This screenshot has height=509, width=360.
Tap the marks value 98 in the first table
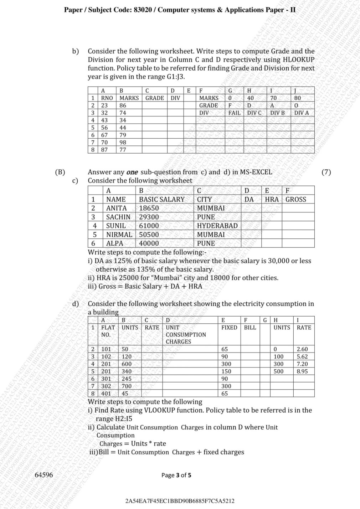[123, 142]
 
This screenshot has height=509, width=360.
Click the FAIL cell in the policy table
[234, 113]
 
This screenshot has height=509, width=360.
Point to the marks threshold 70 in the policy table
[273, 98]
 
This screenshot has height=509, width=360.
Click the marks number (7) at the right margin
[326, 172]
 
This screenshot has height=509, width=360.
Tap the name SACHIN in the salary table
[118, 217]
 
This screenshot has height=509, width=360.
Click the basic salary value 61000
[149, 226]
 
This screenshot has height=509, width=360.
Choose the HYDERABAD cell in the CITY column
[217, 226]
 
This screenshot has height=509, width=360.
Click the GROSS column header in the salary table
[295, 200]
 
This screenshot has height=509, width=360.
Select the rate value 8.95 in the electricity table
[302, 371]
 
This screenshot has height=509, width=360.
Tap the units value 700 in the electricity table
[127, 386]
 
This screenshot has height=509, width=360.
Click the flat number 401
[106, 394]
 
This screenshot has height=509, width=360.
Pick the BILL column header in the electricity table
[250, 327]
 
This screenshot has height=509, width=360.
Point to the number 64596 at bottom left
[44, 475]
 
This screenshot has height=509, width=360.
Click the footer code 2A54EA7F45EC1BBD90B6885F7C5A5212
[180, 501]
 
